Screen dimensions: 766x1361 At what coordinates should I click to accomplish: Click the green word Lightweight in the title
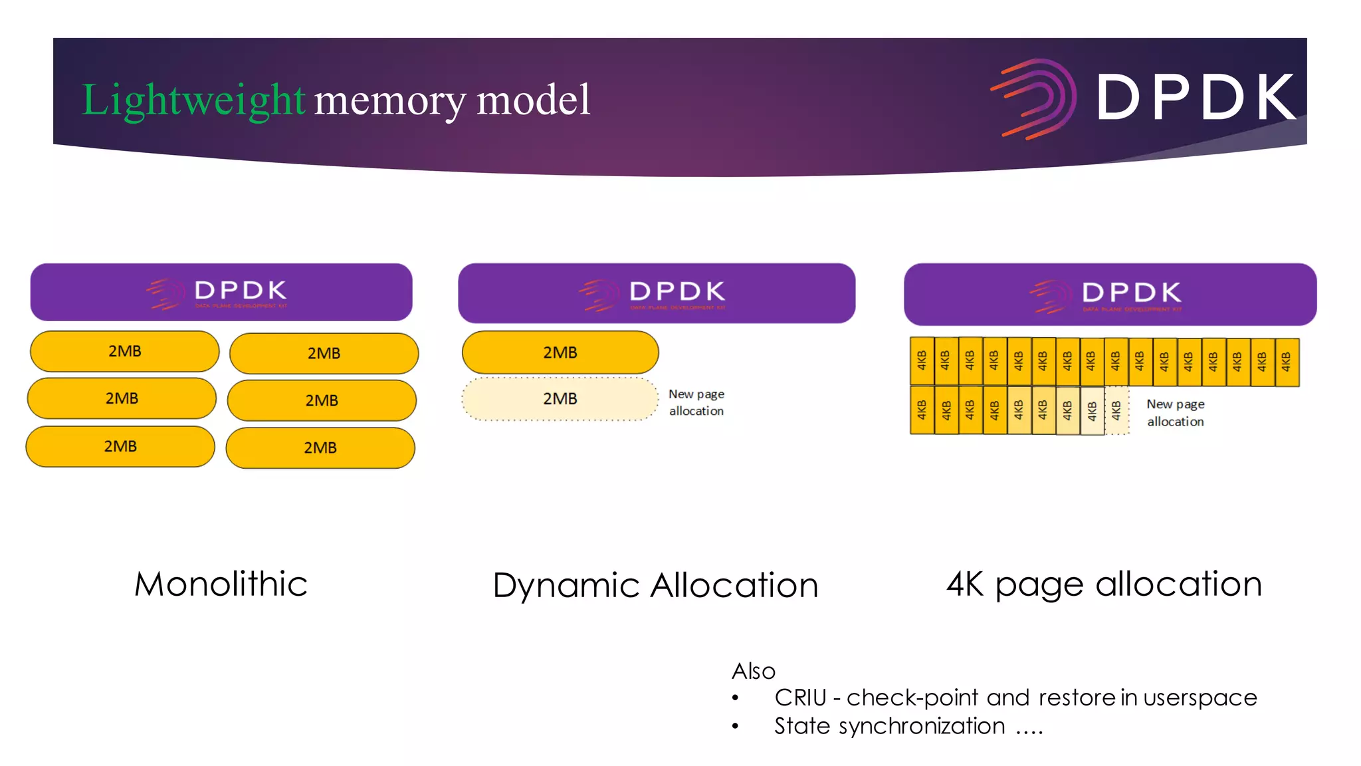tap(193, 100)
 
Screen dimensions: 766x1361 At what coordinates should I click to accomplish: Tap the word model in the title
tap(533, 100)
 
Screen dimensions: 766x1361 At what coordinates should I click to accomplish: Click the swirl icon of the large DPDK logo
tap(1035, 98)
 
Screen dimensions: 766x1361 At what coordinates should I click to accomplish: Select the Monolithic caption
tap(221, 584)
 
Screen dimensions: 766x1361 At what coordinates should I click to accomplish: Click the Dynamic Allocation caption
tap(655, 586)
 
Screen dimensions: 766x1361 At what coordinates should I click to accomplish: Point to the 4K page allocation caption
tap(1104, 584)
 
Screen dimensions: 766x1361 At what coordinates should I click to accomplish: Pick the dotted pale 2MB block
tap(560, 399)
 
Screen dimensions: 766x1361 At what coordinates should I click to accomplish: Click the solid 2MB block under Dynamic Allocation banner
tap(560, 352)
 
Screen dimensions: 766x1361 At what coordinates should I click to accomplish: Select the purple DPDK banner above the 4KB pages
tap(1110, 294)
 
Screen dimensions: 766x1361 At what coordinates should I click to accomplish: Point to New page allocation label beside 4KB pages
tap(1175, 412)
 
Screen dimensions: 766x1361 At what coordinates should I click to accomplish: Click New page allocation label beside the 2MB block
tap(696, 402)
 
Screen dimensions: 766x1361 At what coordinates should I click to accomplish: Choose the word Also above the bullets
tap(753, 671)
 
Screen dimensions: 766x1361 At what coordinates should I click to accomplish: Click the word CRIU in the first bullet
tap(800, 698)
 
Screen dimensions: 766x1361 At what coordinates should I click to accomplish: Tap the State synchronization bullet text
tap(889, 726)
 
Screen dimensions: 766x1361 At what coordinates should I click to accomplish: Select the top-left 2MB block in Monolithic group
tap(124, 351)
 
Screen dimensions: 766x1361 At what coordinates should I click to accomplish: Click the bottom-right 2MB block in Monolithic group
tap(320, 447)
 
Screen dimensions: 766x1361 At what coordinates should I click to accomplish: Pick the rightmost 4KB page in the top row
tap(1287, 362)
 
